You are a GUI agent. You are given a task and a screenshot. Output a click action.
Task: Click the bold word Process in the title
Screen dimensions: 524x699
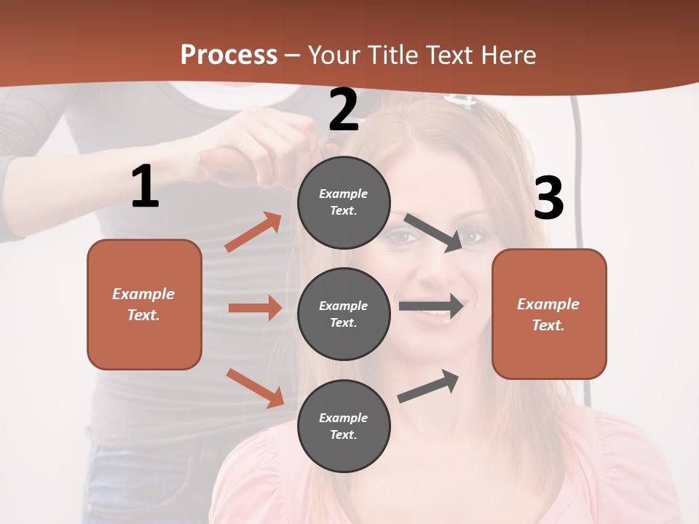point(229,55)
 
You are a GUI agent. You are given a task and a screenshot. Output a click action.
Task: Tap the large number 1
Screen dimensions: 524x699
point(145,186)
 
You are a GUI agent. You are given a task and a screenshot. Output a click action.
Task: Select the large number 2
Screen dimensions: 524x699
point(344,110)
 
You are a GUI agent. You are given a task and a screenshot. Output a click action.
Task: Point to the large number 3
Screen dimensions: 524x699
point(548,198)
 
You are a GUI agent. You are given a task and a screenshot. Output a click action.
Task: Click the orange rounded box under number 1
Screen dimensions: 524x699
point(144,304)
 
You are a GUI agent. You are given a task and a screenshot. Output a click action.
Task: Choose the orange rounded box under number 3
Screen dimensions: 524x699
point(549,314)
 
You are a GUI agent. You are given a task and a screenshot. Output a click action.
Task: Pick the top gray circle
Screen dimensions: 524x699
point(344,202)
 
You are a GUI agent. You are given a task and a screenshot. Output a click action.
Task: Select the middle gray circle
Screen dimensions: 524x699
point(344,314)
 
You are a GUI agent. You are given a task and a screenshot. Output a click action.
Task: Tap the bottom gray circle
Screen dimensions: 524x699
point(344,426)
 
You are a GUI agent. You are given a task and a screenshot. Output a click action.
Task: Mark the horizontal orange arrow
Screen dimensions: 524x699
point(255,308)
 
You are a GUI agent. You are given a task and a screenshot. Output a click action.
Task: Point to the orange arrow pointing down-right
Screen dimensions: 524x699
point(255,388)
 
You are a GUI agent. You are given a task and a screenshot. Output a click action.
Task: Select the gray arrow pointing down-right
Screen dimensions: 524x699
point(433,232)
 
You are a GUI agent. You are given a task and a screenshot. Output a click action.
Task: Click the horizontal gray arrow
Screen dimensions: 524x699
point(431,306)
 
